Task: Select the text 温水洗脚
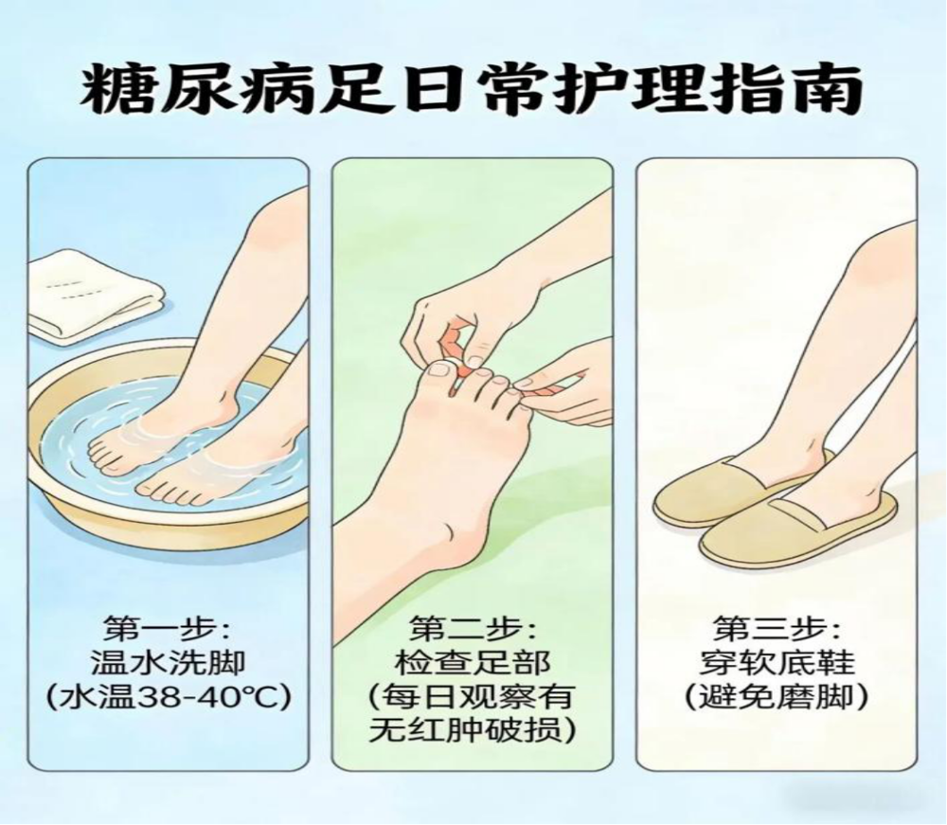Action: coord(168,663)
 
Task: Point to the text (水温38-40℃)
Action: coord(169,697)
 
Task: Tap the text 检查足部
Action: coord(473,663)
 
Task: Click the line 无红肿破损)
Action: coord(473,731)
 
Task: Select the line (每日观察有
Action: coord(473,697)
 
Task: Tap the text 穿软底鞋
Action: coord(777,663)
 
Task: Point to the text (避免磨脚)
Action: coord(777,697)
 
